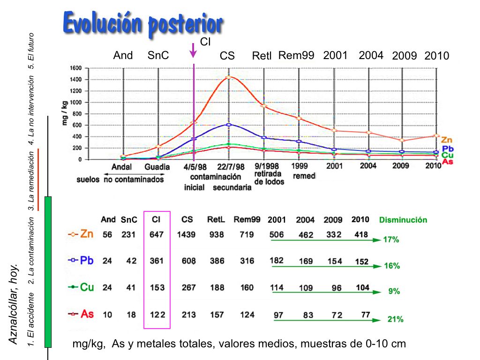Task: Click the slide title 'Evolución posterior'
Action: pyautogui.click(x=142, y=23)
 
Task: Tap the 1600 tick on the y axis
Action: pyautogui.click(x=76, y=68)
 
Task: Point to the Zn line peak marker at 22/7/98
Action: pyautogui.click(x=228, y=77)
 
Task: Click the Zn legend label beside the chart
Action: pyautogui.click(x=447, y=140)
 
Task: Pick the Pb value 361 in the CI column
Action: pyautogui.click(x=157, y=261)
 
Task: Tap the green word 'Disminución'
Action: pyautogui.click(x=403, y=220)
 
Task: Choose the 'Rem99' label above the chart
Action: pyautogui.click(x=296, y=55)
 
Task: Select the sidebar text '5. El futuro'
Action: pyautogui.click(x=31, y=50)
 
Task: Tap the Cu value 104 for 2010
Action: pyautogui.click(x=363, y=288)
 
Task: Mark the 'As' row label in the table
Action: pyautogui.click(x=87, y=314)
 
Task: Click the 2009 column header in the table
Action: pyautogui.click(x=333, y=219)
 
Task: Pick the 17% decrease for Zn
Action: pyautogui.click(x=391, y=240)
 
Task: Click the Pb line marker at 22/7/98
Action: pyautogui.click(x=228, y=125)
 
